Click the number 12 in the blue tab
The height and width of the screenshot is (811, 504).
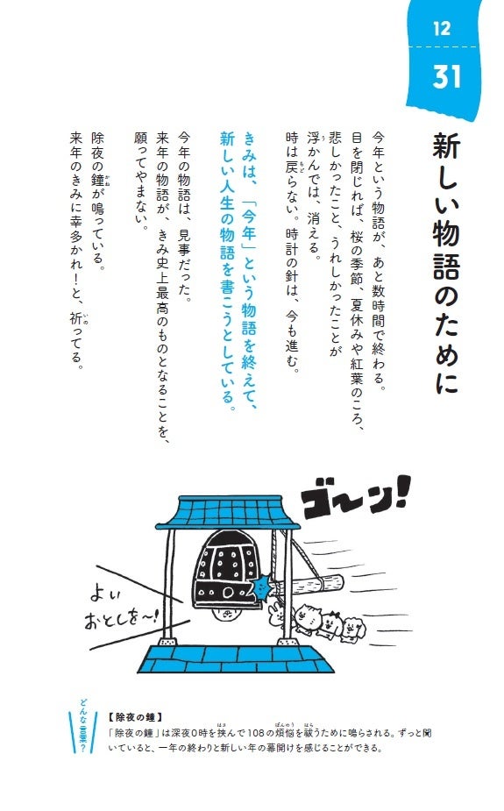pos(442,28)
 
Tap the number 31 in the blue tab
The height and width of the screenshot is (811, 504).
pos(447,76)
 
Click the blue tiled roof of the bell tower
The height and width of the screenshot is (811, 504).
pos(228,512)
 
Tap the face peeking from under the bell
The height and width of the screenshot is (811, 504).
pos(227,614)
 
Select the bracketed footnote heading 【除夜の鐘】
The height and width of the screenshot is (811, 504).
pos(136,717)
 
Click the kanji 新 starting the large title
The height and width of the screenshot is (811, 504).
pos(445,146)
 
